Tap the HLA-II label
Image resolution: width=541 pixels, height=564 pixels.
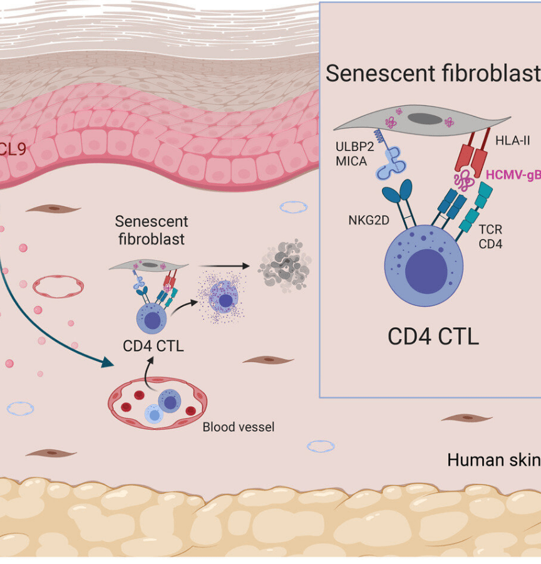click(512, 142)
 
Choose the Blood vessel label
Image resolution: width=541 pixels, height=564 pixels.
click(238, 427)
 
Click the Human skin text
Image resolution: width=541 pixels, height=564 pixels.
click(493, 461)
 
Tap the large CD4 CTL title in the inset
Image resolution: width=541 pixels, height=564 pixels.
click(433, 337)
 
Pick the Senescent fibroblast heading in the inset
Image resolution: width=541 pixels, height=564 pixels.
click(432, 73)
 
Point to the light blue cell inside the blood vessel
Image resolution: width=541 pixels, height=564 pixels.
click(153, 413)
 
